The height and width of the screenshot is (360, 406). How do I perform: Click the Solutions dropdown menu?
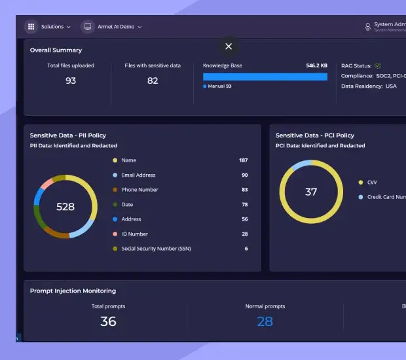pyautogui.click(x=55, y=27)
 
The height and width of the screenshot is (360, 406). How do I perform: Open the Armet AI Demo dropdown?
pyautogui.click(x=119, y=27)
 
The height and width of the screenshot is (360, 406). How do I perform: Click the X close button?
pyautogui.click(x=229, y=46)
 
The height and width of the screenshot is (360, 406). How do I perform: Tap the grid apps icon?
pyautogui.click(x=31, y=27)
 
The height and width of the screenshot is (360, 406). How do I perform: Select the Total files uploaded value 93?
pyautogui.click(x=71, y=81)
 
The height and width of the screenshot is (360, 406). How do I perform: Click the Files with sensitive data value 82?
pyautogui.click(x=153, y=81)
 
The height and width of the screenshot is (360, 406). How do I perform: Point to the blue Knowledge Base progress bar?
pyautogui.click(x=265, y=77)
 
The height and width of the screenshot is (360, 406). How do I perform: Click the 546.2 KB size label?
pyautogui.click(x=316, y=66)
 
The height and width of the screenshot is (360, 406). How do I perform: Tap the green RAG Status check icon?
pyautogui.click(x=378, y=66)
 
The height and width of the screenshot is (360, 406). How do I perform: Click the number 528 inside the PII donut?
pyautogui.click(x=65, y=207)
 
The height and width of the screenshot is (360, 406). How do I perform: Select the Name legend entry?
pyautogui.click(x=128, y=160)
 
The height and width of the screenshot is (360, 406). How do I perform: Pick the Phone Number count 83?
pyautogui.click(x=244, y=190)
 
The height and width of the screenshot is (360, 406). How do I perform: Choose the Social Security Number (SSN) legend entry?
pyautogui.click(x=156, y=249)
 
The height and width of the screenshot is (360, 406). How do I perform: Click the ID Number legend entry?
pyautogui.click(x=134, y=234)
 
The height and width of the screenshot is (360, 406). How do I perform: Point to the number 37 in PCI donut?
pyautogui.click(x=311, y=192)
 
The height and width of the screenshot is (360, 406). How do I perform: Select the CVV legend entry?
pyautogui.click(x=371, y=183)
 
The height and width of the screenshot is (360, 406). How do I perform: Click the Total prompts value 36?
pyautogui.click(x=108, y=321)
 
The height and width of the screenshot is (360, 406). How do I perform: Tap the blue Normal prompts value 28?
pyautogui.click(x=265, y=321)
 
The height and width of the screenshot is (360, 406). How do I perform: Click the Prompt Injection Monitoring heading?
pyautogui.click(x=73, y=291)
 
